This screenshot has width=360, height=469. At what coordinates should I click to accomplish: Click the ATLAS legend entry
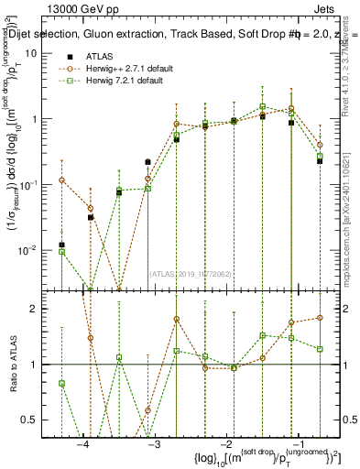coord(99,56)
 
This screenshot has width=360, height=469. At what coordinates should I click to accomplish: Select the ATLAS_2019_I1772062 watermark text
coord(190,272)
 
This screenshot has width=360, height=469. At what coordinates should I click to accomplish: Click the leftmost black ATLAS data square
coord(61,245)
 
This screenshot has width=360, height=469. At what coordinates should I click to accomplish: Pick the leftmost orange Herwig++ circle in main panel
coord(61,180)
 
